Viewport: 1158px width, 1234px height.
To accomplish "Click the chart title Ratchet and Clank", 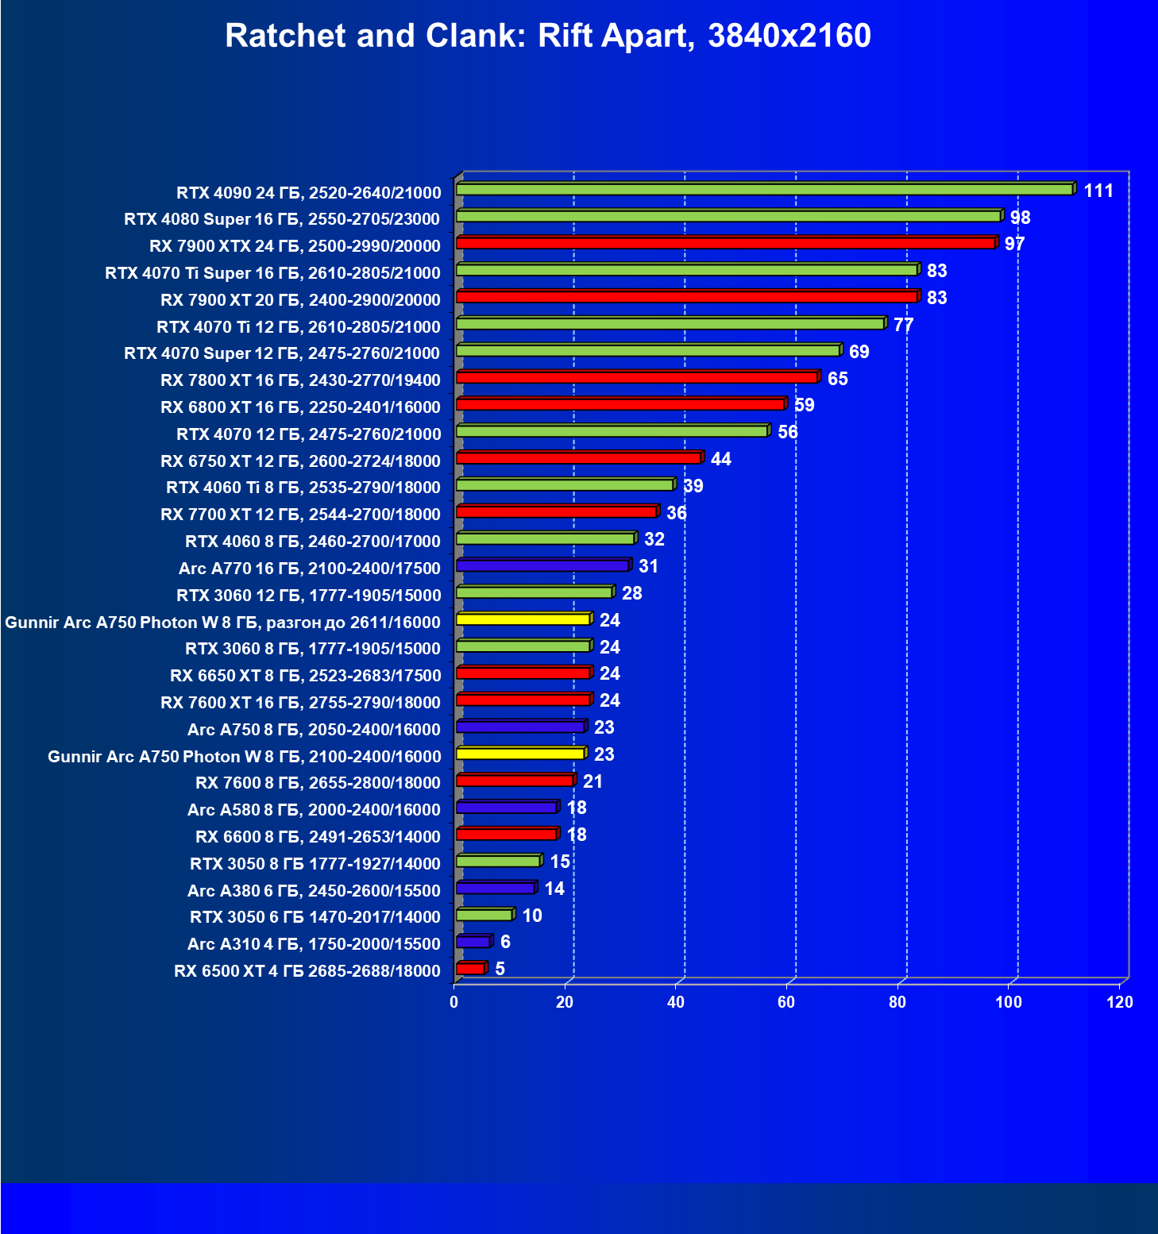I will [548, 36].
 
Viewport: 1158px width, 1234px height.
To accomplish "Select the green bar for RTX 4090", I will [764, 190].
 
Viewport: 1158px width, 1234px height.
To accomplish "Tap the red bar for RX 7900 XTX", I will [725, 243].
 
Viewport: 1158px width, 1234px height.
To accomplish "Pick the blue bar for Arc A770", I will [542, 566].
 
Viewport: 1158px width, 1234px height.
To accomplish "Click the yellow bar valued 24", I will [523, 619].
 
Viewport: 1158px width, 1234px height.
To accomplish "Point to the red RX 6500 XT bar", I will [470, 969].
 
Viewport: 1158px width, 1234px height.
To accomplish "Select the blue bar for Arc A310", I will [473, 942].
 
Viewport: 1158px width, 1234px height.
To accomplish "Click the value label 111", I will [1098, 191].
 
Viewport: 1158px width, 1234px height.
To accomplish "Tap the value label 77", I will [903, 326].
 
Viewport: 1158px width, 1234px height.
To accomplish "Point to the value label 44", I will [720, 460].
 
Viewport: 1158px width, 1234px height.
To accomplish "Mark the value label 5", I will [500, 970].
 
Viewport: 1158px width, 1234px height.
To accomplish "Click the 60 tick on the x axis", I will [786, 1002].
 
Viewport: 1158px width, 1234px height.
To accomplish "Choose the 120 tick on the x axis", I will [1120, 1002].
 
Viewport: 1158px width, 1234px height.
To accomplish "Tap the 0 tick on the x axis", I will [454, 1002].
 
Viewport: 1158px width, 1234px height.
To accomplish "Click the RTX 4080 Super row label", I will [282, 219].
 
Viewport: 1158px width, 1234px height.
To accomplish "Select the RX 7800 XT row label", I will [300, 380].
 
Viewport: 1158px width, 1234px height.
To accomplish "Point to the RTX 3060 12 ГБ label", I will [308, 596].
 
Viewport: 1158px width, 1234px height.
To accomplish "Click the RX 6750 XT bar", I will [578, 458].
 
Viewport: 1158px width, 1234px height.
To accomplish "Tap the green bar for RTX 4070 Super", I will [648, 351].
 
